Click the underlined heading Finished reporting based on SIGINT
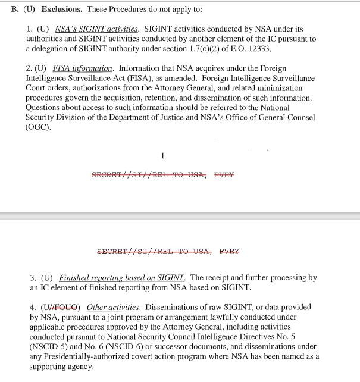122,278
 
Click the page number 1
162,156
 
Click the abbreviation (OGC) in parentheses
38,127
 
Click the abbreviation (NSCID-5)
48,346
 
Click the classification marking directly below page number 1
162,175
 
